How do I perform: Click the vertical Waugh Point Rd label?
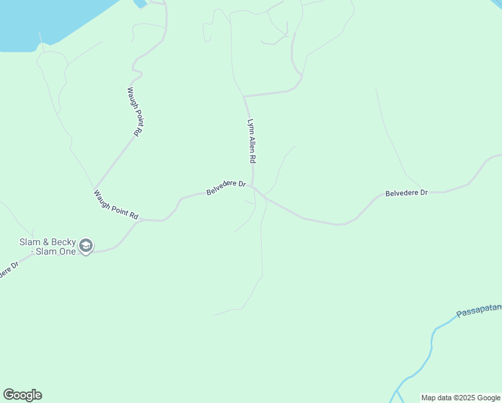click(x=135, y=111)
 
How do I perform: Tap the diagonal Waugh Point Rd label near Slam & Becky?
click(x=116, y=206)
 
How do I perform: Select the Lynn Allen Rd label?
click(x=252, y=142)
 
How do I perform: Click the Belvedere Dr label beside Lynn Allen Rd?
click(x=226, y=187)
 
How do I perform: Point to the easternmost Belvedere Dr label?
click(x=406, y=193)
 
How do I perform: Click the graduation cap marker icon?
click(x=85, y=247)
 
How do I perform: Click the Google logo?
click(x=22, y=395)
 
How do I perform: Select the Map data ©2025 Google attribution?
click(x=460, y=398)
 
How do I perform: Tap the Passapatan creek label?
click(x=479, y=310)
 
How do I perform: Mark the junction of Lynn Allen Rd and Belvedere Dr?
click(x=252, y=187)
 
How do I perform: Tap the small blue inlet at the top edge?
click(x=140, y=3)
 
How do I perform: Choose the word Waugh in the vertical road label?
click(x=132, y=97)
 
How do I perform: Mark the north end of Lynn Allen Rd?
click(x=245, y=97)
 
